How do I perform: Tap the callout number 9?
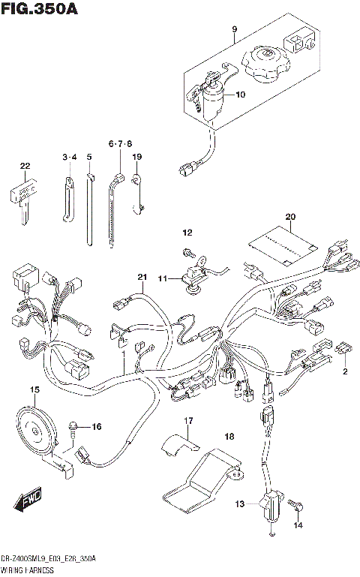point(233,31)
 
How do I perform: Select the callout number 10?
point(240,95)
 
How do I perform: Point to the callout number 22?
point(25,166)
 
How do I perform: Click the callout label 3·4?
point(69,157)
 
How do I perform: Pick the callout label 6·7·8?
point(119,143)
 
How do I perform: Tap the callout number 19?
point(136,157)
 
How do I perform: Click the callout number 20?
point(290,218)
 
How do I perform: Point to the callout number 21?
point(140,278)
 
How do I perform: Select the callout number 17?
point(189,421)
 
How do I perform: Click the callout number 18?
point(229,435)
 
